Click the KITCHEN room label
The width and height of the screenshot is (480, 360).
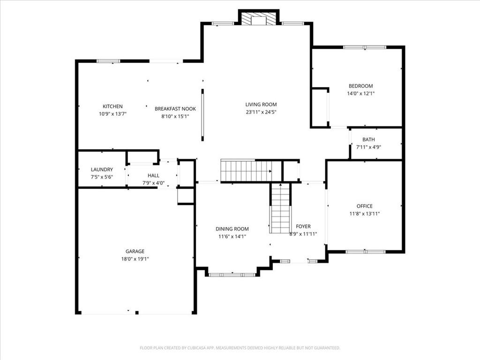pos(112,106)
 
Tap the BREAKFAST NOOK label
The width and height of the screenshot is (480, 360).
pos(175,109)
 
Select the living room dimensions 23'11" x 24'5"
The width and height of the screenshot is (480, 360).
pos(261,112)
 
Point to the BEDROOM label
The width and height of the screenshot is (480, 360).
pos(360,86)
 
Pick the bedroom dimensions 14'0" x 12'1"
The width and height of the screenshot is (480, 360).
pos(360,94)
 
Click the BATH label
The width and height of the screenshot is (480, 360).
pos(368,140)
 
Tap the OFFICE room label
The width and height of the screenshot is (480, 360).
pos(365,206)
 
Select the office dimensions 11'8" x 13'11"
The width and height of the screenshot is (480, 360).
pos(365,214)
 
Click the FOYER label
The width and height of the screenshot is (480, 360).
pos(303,226)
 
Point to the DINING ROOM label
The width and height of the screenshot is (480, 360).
pos(232,229)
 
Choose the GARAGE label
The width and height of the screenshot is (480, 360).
pos(135,251)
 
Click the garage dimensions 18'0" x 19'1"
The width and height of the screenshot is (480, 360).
pos(135,259)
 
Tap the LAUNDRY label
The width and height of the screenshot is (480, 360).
pos(102,170)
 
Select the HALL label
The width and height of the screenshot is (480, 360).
pos(153,175)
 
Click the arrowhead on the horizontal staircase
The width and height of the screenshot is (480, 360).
pos(270,171)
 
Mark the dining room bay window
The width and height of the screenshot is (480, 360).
pos(232,275)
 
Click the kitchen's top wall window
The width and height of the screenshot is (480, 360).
pos(109,61)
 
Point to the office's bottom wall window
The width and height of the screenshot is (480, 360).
pos(366,252)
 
